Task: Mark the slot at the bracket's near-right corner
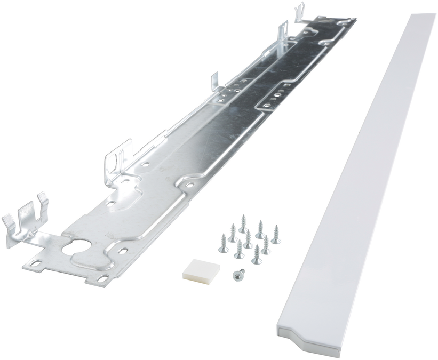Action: point(101,278)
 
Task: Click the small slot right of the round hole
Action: point(122,251)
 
